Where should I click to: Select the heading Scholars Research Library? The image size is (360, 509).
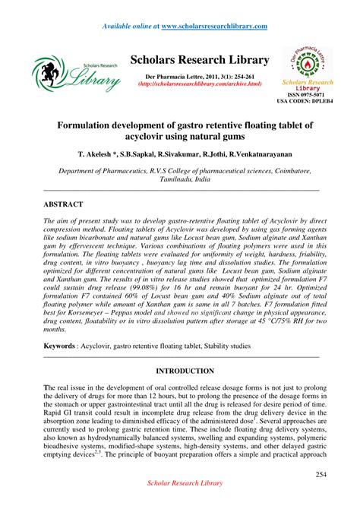point(200,60)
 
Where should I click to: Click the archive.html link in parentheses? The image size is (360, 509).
point(200,84)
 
